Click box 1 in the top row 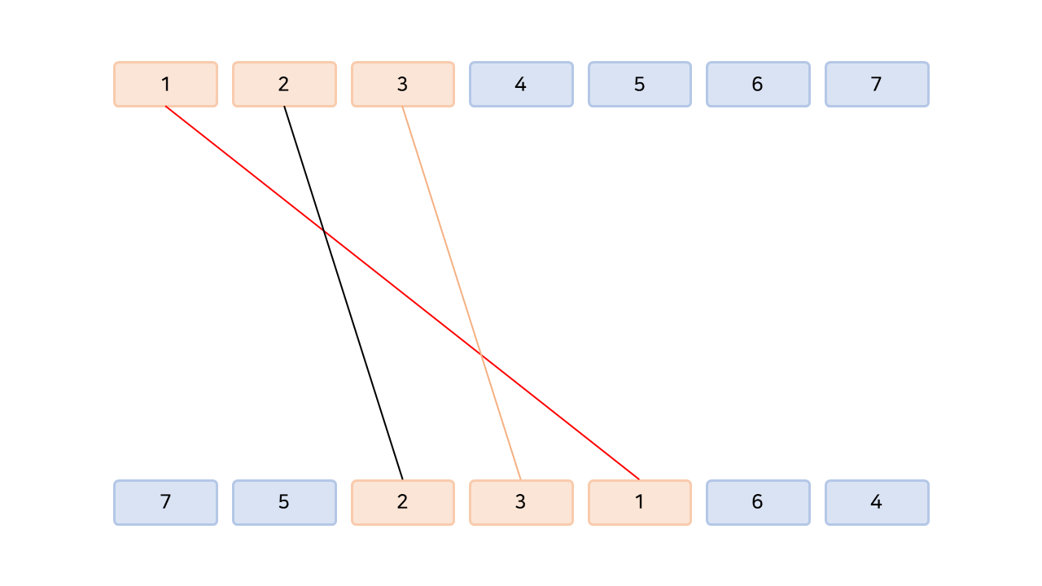(165, 84)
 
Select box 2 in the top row (284, 84)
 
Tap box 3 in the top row (402, 84)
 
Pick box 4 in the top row (521, 84)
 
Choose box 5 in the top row (639, 84)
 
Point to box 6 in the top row (758, 84)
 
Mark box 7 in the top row (877, 84)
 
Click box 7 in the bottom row (165, 502)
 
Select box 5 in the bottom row (284, 502)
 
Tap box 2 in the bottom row (402, 502)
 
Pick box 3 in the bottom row (521, 502)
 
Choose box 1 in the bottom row (639, 502)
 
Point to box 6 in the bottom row (758, 502)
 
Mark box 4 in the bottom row (877, 502)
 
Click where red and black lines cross (324, 232)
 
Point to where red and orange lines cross (481, 355)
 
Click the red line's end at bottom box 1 (638, 479)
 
